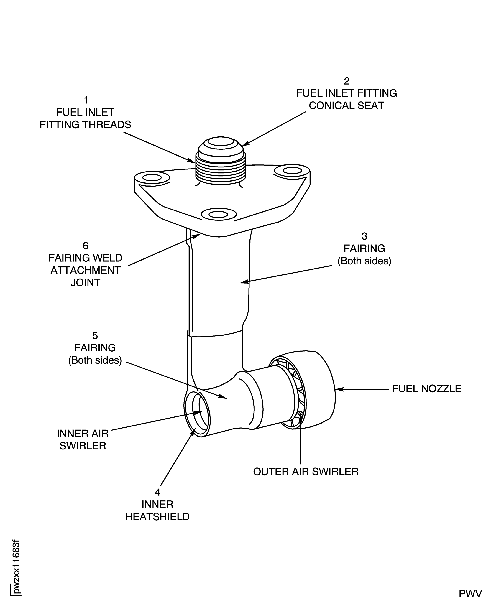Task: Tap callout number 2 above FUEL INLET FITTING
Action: [347, 81]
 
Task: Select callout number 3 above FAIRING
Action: [364, 236]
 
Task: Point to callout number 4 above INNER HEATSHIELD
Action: [157, 492]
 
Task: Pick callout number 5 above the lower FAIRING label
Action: [95, 336]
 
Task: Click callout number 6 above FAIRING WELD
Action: [85, 246]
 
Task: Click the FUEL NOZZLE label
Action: [426, 389]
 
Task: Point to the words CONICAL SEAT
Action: [347, 106]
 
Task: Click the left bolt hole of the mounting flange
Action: [152, 178]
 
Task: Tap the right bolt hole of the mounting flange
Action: [292, 171]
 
